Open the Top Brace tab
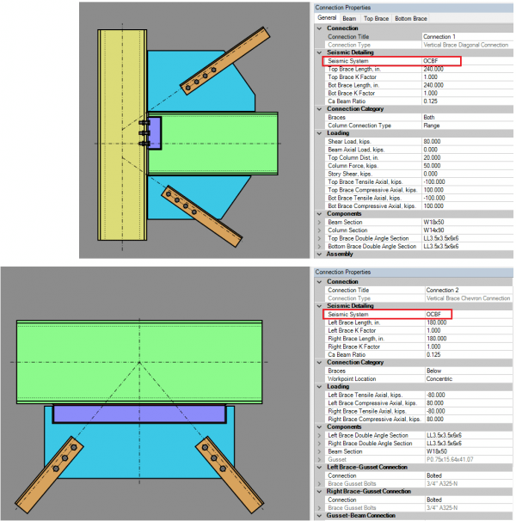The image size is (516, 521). click(375, 17)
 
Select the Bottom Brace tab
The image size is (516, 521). click(411, 17)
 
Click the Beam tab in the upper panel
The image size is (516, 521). click(349, 17)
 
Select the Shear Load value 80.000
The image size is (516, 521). click(433, 142)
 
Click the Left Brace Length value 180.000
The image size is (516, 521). click(436, 322)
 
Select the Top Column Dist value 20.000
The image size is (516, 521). click(433, 157)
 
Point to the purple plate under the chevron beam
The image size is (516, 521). click(140, 414)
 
